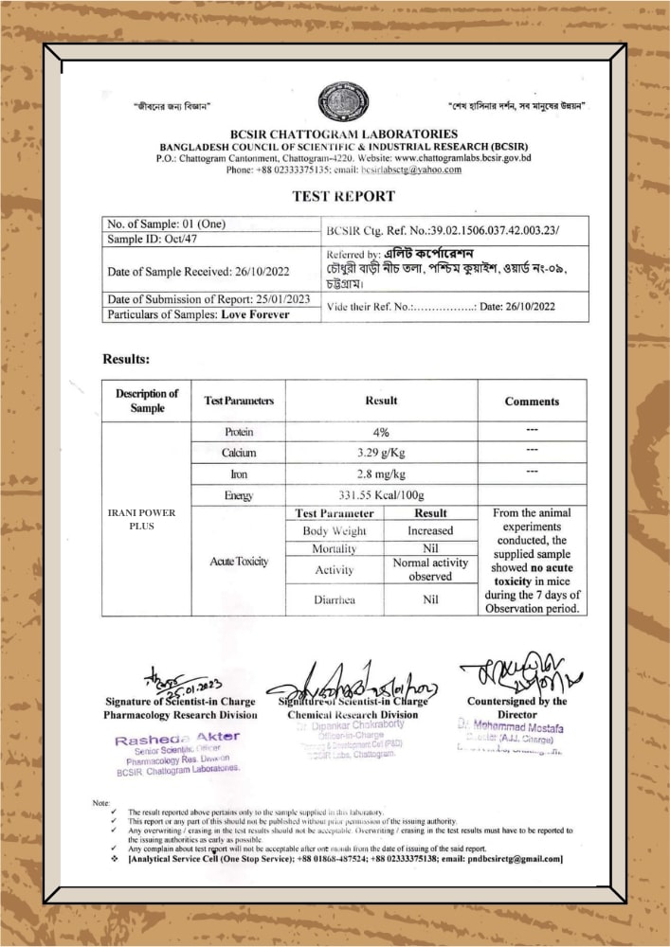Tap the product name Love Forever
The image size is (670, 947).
(x=256, y=314)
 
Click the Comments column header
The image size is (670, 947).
(x=532, y=402)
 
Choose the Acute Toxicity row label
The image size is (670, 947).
(x=239, y=562)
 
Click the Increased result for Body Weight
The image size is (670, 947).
(x=430, y=531)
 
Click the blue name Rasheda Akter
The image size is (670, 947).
(x=177, y=736)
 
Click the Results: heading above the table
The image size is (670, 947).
(x=126, y=360)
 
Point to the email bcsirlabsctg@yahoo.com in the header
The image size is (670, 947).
(x=410, y=170)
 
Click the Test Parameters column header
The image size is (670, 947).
(x=239, y=402)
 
